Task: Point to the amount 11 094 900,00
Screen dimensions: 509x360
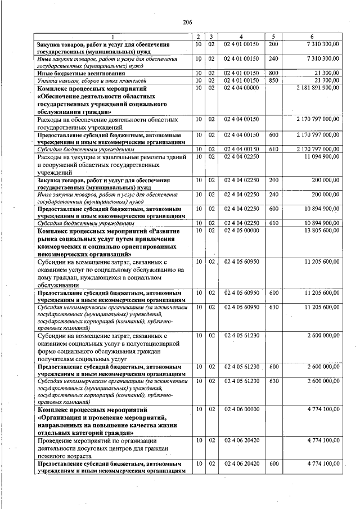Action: point(322,156)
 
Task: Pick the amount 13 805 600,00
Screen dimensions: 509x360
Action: point(322,230)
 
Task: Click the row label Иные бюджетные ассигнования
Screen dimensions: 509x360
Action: point(73,73)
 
